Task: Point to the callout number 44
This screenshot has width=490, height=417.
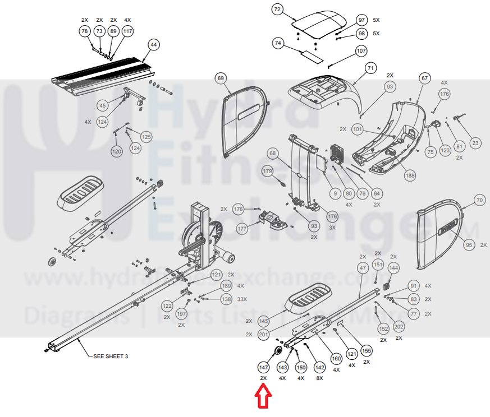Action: [x=154, y=44]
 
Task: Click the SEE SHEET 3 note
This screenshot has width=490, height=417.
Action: [x=111, y=356]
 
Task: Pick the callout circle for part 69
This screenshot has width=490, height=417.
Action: [x=221, y=79]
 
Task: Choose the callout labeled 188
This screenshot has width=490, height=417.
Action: [x=410, y=175]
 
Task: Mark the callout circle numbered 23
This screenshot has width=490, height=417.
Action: [x=475, y=143]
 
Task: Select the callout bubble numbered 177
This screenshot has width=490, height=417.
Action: [x=242, y=229]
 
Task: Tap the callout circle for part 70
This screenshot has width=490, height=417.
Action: [x=478, y=200]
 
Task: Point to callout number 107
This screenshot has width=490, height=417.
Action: [x=361, y=51]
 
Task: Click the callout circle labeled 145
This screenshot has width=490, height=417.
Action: [x=264, y=321]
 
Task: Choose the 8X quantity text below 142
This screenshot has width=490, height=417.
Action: [x=319, y=378]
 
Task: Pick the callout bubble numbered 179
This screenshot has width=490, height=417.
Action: [x=268, y=171]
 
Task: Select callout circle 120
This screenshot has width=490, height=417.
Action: [x=116, y=151]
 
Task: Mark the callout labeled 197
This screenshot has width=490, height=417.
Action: [x=181, y=313]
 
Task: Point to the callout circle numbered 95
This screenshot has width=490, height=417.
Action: [x=469, y=245]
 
